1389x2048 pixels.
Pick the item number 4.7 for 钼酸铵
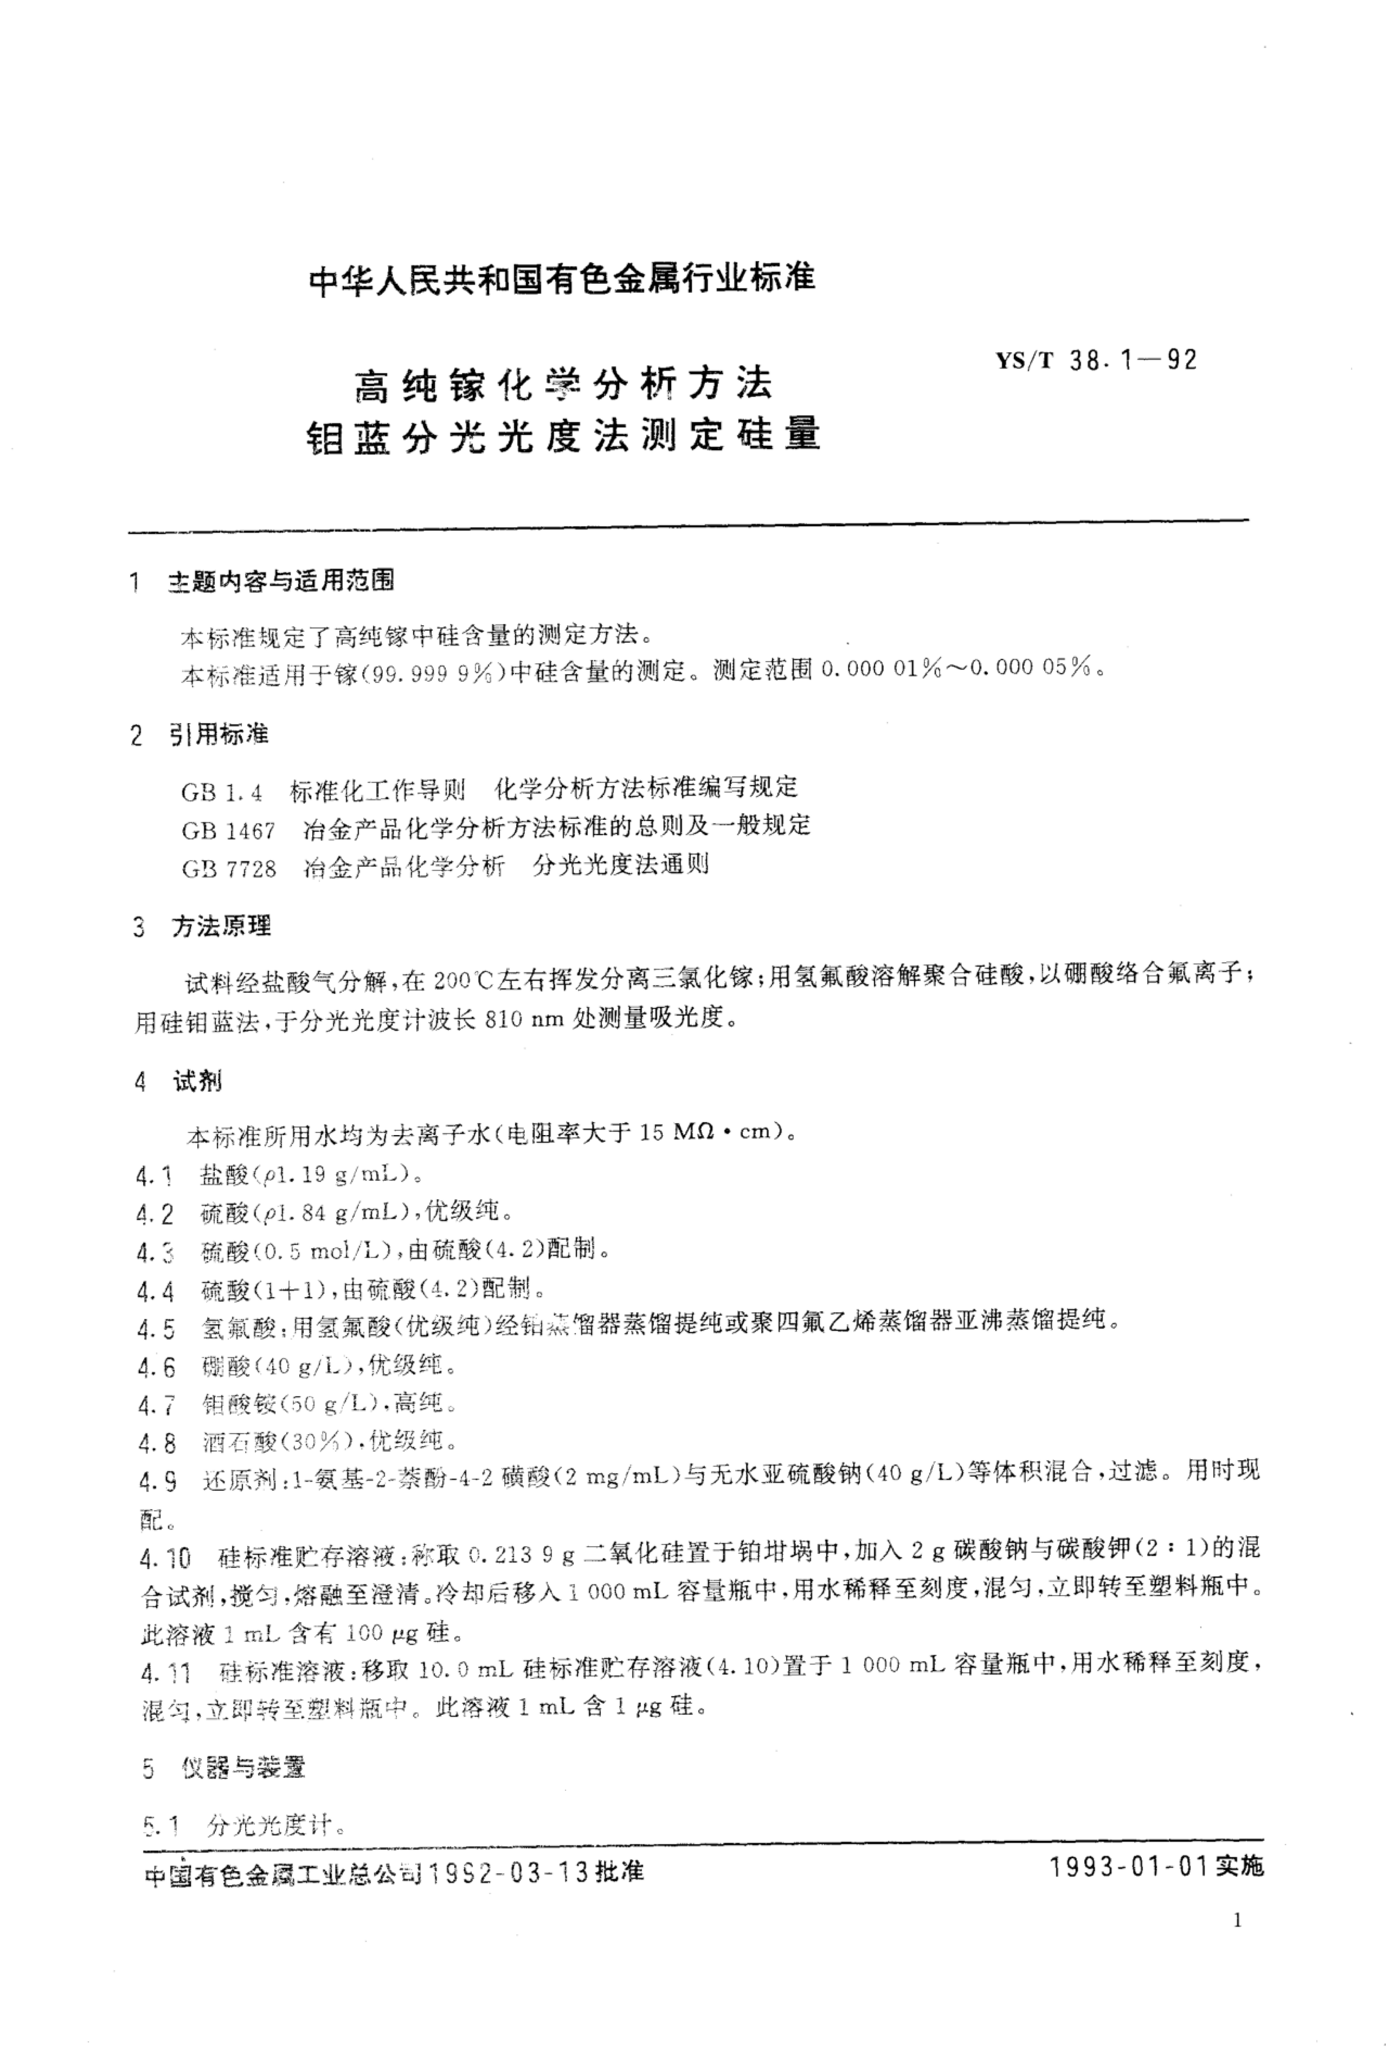156,1404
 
